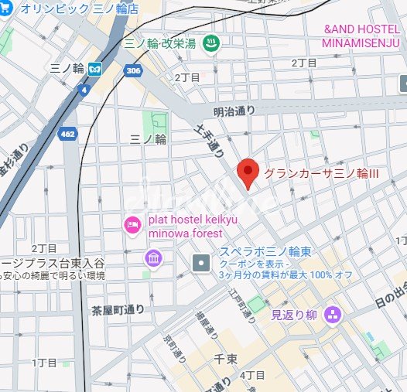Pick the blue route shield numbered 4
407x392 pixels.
pyautogui.click(x=82, y=90)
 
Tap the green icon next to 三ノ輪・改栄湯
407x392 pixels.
pyautogui.click(x=208, y=45)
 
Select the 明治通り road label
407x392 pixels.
pyautogui.click(x=234, y=110)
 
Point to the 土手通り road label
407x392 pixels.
pyautogui.click(x=210, y=146)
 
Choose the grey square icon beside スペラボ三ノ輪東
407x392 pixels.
pyautogui.click(x=201, y=263)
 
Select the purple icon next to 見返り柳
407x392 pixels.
pyautogui.click(x=333, y=313)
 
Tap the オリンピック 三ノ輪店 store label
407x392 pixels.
pyautogui.click(x=79, y=9)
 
